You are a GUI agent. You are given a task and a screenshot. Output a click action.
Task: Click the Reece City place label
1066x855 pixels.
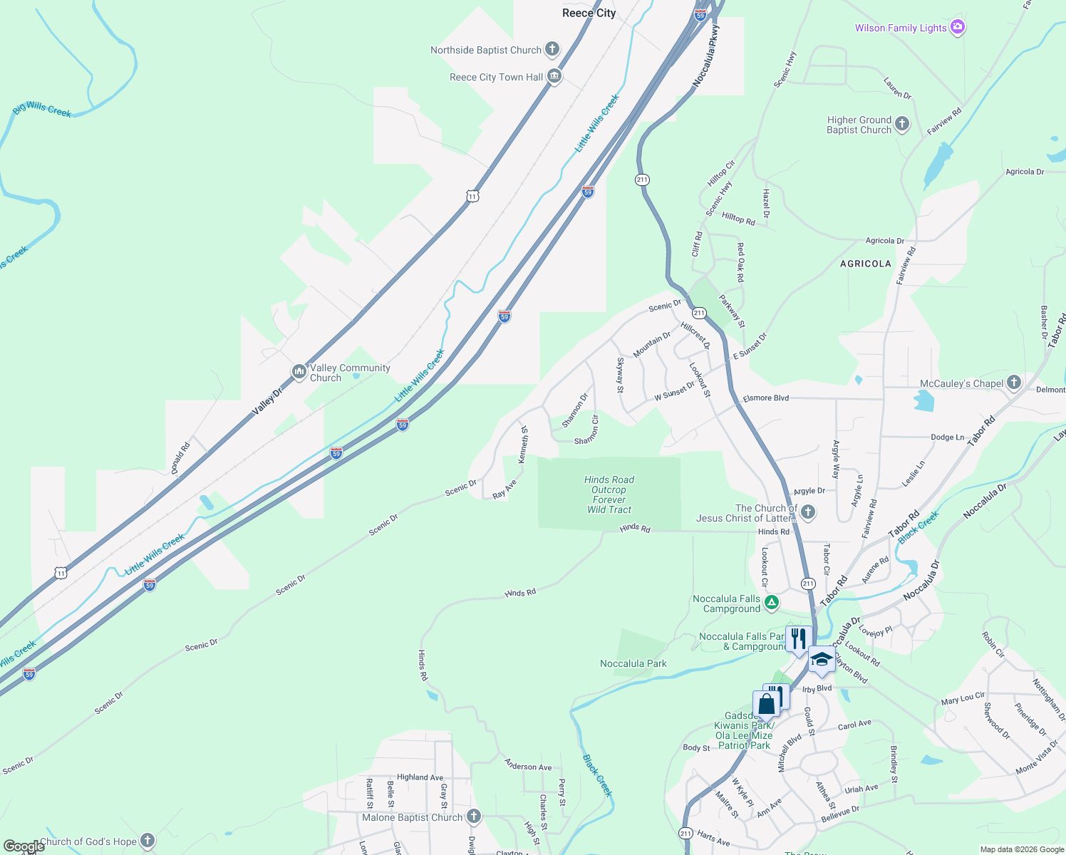[589, 14]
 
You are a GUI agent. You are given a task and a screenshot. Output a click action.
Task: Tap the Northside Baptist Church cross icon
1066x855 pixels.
[552, 49]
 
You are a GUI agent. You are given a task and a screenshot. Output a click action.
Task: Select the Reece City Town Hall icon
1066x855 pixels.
[554, 77]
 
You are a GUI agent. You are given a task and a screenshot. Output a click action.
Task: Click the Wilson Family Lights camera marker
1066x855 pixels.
[958, 28]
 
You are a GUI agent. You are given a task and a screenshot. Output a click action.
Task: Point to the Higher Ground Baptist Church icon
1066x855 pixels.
[901, 124]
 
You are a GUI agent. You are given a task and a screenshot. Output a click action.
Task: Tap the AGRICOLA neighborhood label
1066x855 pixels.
[865, 264]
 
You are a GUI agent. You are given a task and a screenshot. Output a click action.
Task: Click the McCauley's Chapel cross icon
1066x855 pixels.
[1013, 383]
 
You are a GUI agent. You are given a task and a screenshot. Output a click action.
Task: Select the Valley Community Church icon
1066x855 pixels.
[299, 372]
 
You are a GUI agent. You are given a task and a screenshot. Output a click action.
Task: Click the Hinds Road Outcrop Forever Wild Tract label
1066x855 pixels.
[609, 494]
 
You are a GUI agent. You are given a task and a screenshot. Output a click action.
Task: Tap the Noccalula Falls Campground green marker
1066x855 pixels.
[771, 603]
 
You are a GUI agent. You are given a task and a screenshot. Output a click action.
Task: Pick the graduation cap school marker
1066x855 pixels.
[821, 659]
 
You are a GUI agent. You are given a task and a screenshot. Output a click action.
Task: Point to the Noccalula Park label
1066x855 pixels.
[633, 663]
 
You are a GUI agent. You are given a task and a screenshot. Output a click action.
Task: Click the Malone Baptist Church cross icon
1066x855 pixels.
[474, 817]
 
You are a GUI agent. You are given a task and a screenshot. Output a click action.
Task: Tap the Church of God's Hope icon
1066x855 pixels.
[148, 841]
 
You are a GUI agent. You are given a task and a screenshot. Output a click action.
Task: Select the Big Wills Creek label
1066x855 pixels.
[42, 110]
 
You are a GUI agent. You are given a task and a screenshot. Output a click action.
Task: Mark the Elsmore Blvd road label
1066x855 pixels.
[765, 398]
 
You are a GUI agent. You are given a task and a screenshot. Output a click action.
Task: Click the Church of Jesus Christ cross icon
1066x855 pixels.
[807, 512]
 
